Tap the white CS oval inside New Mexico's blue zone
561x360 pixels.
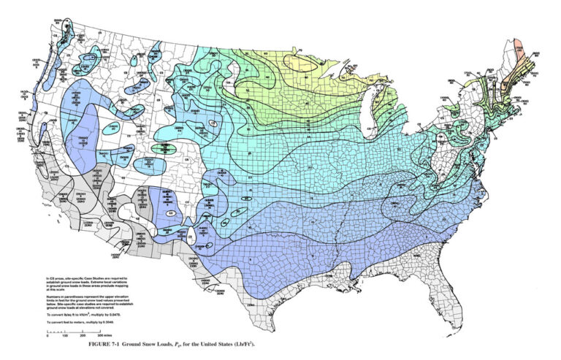pyautogui.click(x=170, y=212)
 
